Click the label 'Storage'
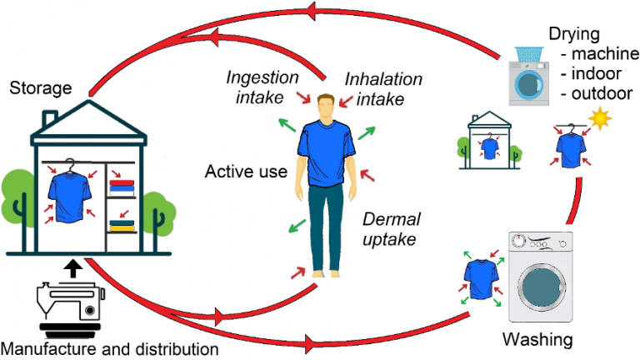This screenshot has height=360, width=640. click(x=38, y=87)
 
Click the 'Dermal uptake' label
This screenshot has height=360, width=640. click(x=392, y=230)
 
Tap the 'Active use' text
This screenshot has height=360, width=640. click(x=246, y=172)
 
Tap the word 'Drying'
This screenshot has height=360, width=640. click(x=575, y=34)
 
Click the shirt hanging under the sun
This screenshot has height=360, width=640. click(x=571, y=147)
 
